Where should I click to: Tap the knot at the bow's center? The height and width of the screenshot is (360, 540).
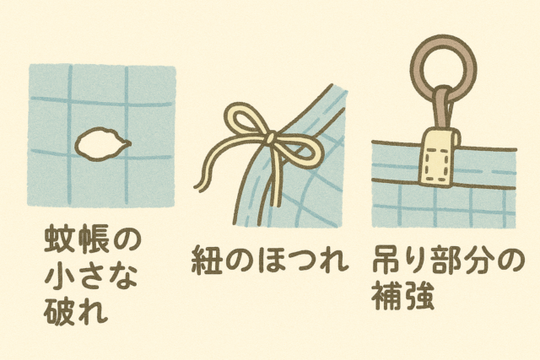(271, 137)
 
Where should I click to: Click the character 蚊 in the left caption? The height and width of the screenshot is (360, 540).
(59, 239)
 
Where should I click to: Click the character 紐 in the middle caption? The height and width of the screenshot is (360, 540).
(206, 261)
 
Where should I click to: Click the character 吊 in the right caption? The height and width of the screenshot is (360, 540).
(386, 260)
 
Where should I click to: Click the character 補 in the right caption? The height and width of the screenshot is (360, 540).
(386, 295)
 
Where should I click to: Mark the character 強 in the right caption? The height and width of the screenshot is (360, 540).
(418, 295)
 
